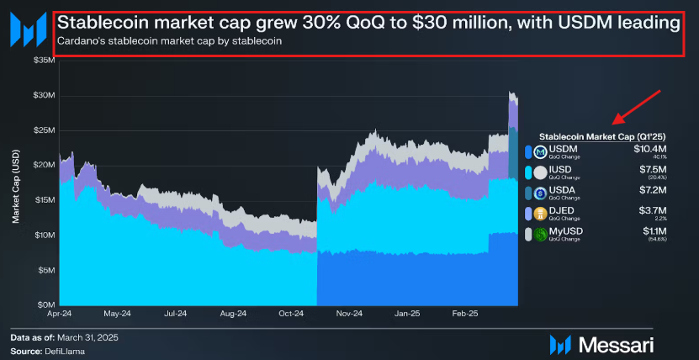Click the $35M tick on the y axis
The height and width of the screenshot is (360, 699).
coord(43,61)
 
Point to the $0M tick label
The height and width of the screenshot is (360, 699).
coord(45,304)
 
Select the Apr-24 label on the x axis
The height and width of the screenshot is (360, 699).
coord(59,314)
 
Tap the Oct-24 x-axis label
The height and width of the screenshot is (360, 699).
coord(292,314)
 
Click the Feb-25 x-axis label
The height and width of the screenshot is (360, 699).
coord(465,314)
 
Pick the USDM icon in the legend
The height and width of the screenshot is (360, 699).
coord(540,152)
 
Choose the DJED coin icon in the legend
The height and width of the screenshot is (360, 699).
coord(540,214)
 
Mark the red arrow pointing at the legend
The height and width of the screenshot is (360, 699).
coord(638,107)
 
